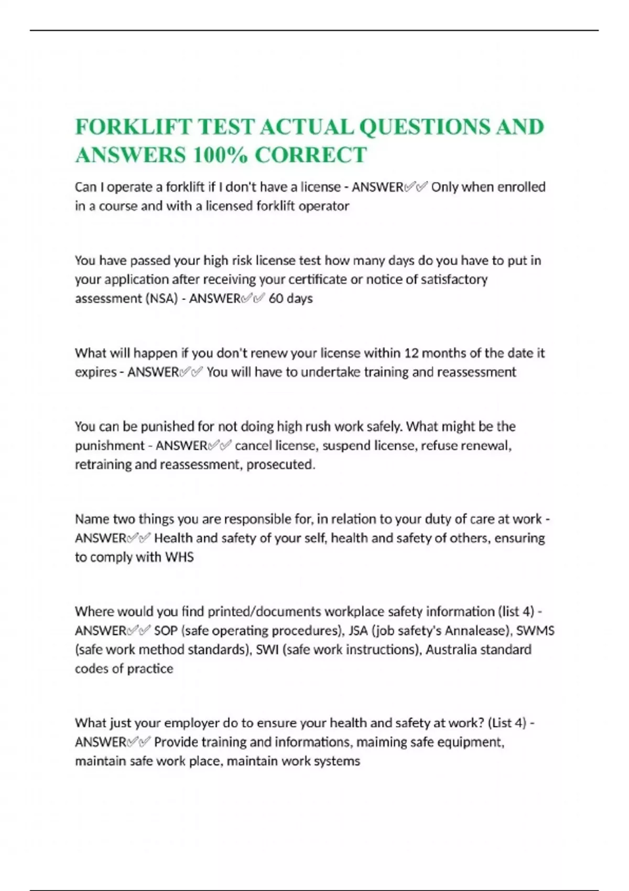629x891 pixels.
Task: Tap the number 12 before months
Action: pos(411,353)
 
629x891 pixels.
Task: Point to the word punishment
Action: pos(110,446)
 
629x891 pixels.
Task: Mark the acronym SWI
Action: pos(267,650)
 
